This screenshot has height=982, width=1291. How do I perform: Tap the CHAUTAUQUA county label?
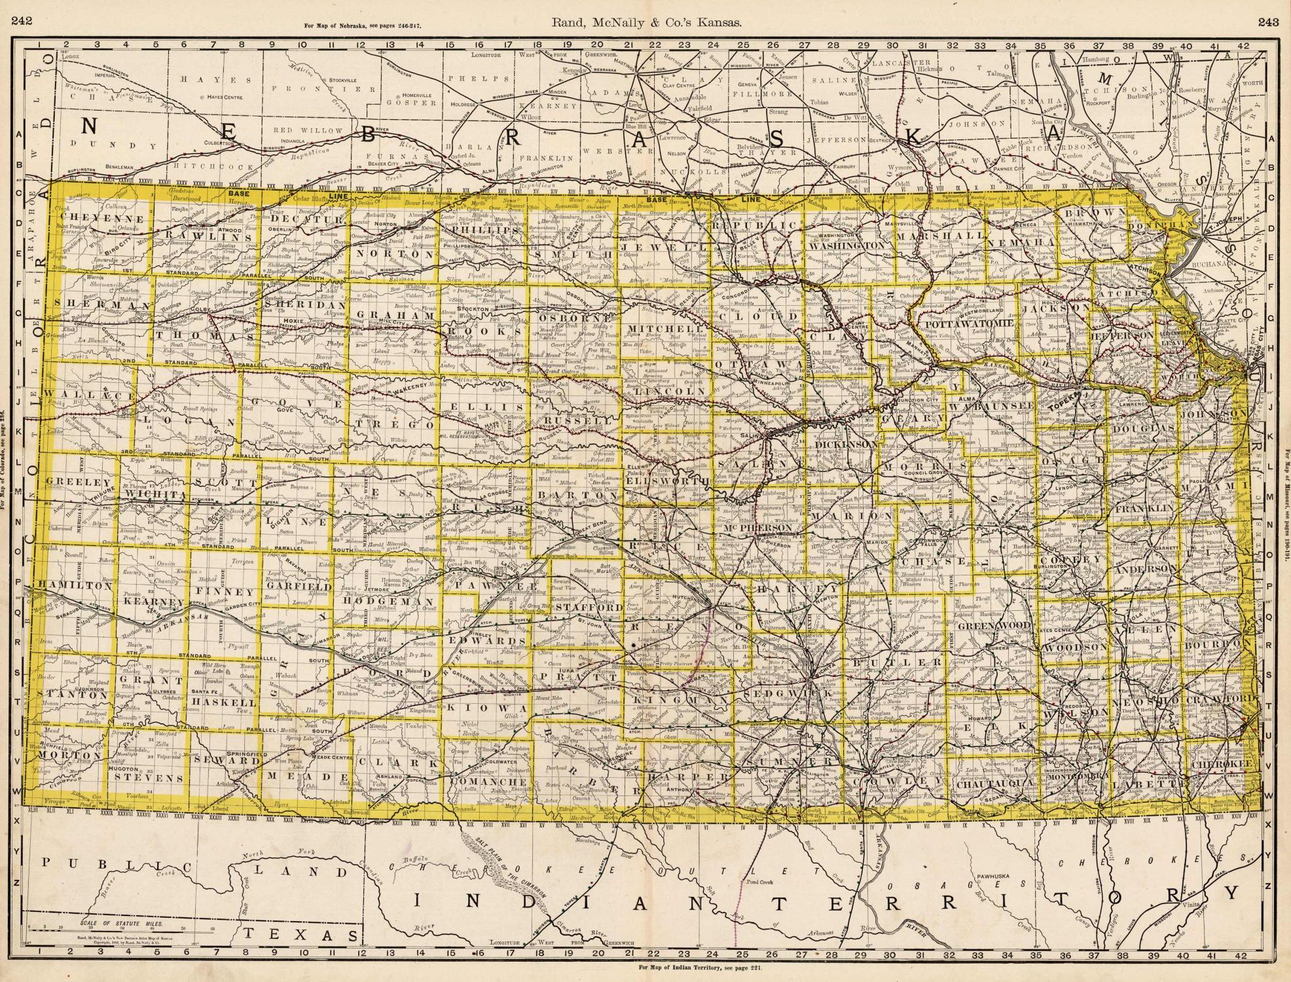[x=995, y=782]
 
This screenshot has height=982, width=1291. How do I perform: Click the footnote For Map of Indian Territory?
[x=699, y=967]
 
